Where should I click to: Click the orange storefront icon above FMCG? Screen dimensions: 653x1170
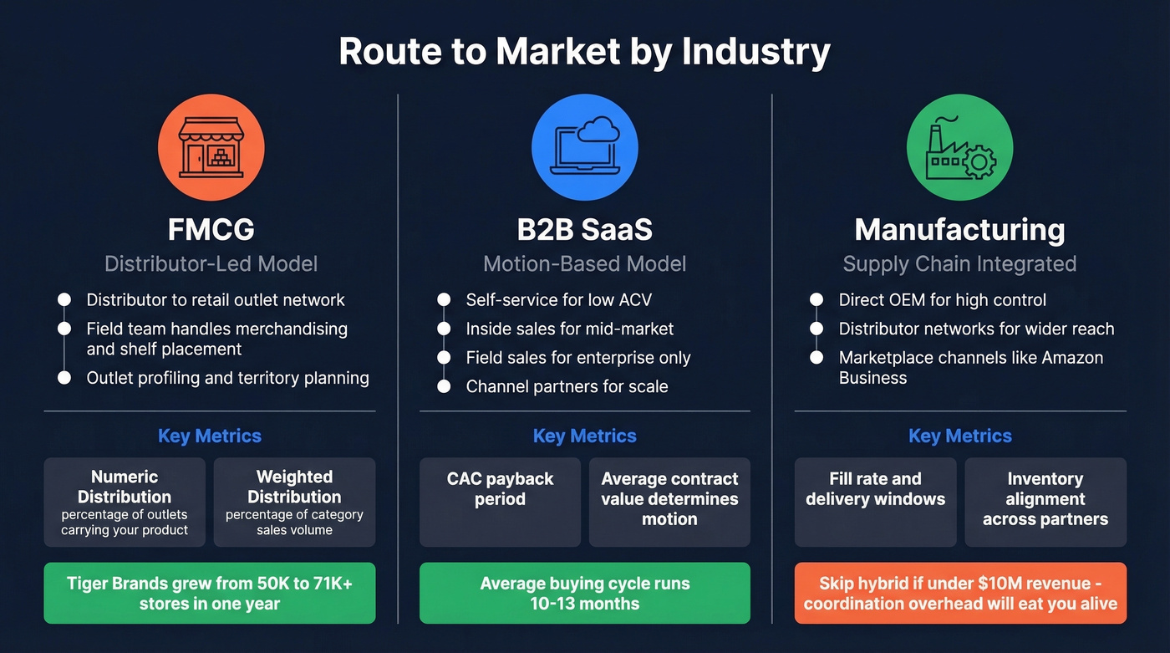point(211,147)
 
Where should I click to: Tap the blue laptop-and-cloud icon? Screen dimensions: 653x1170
point(585,147)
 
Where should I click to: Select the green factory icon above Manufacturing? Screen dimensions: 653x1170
point(959,147)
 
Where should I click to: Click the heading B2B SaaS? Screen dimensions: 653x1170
point(585,229)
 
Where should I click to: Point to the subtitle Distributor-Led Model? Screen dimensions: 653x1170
point(211,264)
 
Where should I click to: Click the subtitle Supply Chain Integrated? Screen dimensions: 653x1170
point(959,264)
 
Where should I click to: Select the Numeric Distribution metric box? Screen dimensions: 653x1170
point(125,502)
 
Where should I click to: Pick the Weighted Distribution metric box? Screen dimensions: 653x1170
point(294,502)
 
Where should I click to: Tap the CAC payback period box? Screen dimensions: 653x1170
point(500,502)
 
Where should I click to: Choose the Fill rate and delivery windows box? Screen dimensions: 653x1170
point(875,502)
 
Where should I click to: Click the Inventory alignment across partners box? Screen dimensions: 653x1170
point(1045,502)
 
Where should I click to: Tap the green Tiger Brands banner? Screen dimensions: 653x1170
point(210,593)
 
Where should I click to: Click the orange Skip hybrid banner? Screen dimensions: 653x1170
point(960,593)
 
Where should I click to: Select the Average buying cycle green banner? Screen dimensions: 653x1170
point(585,593)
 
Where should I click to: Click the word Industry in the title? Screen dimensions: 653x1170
point(755,52)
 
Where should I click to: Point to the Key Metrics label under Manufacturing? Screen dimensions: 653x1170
point(960,436)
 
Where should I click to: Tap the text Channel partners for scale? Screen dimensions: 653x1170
point(567,386)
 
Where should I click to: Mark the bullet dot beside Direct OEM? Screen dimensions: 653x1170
point(816,300)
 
